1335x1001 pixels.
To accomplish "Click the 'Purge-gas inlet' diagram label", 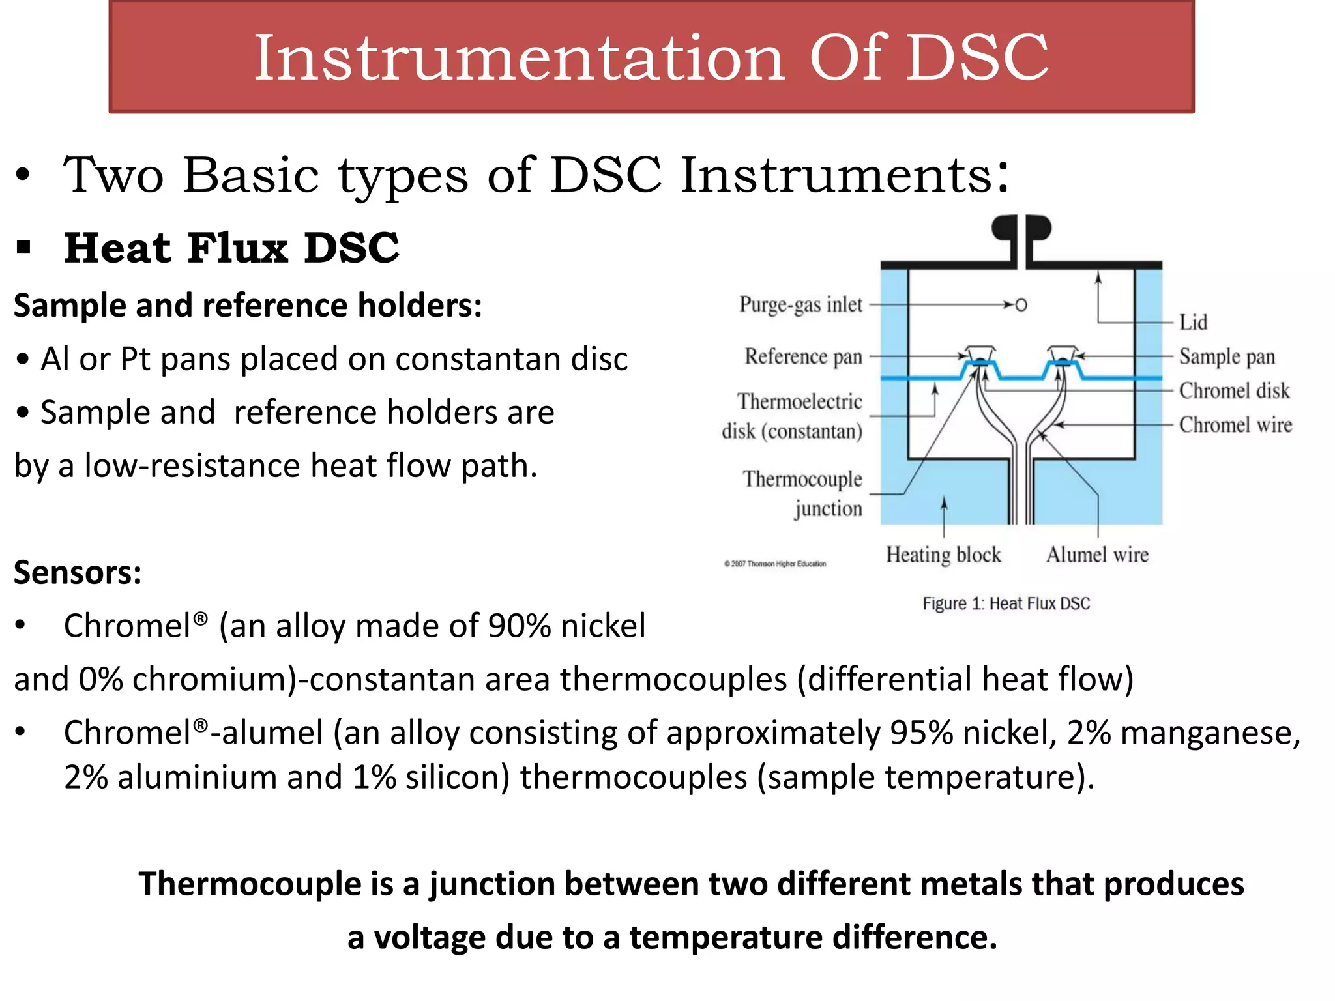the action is tap(800, 305).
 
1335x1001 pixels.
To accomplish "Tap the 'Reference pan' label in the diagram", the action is tap(803, 357).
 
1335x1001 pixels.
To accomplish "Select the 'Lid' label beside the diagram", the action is tap(1193, 323).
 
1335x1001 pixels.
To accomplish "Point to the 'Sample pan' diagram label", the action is tap(1227, 357).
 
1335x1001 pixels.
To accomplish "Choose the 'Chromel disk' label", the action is tap(1234, 391).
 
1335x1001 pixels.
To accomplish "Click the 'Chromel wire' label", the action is tap(1235, 425).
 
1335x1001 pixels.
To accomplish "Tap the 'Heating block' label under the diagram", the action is tap(943, 555).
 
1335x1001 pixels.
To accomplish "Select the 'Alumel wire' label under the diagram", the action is tap(1097, 555).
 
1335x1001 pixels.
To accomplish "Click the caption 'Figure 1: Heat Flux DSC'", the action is tap(1006, 603).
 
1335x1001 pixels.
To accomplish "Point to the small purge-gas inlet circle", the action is tap(1021, 304).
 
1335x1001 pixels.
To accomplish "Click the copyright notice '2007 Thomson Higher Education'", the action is tap(775, 564).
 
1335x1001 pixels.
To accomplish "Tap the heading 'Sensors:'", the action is tap(78, 573).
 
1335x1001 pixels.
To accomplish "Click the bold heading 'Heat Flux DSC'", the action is tap(231, 248).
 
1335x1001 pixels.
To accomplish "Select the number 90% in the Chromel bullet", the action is tap(519, 626).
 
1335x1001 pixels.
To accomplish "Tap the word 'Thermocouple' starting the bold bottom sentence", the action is tap(250, 884).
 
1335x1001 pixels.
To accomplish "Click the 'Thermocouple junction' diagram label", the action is tap(802, 494).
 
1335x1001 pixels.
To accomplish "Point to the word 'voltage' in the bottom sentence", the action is tap(431, 938).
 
